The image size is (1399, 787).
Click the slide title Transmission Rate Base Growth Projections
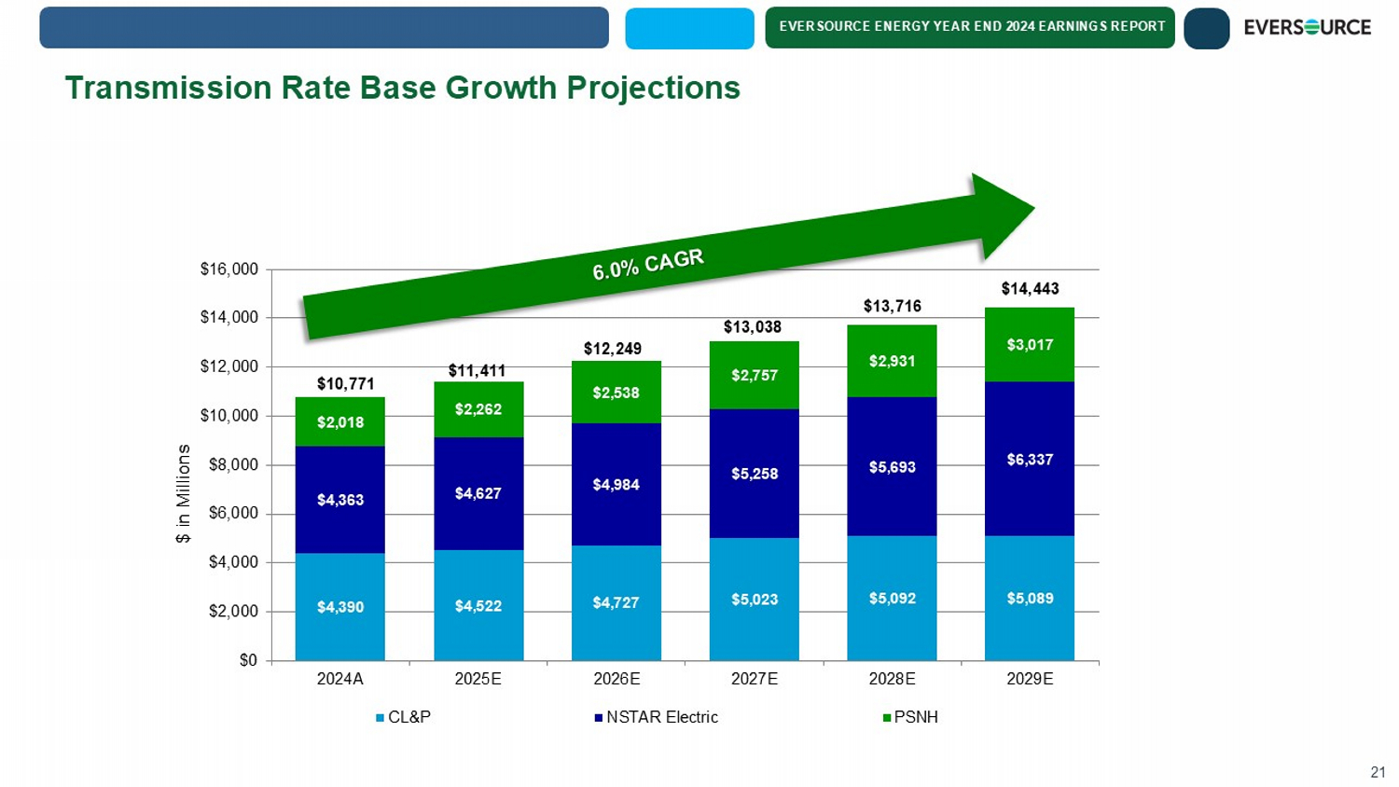tap(402, 88)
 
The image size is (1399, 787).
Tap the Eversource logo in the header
tap(1307, 28)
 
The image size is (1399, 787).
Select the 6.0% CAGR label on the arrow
tap(647, 264)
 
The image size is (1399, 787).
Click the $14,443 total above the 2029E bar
tap(1030, 289)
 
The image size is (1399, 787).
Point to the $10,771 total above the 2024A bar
tap(345, 383)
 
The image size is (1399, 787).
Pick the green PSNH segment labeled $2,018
tap(340, 422)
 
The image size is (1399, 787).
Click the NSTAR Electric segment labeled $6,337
tap(1030, 459)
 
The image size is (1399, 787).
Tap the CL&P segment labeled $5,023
tap(754, 600)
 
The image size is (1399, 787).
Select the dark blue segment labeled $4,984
tap(616, 484)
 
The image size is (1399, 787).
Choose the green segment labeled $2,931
tap(892, 361)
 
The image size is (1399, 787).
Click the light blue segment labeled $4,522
tap(478, 606)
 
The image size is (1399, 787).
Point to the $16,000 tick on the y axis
tap(229, 269)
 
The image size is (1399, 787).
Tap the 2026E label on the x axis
tap(616, 679)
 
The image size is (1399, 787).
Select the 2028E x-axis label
tap(892, 679)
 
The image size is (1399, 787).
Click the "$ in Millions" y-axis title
tap(184, 493)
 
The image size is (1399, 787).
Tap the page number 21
tap(1378, 772)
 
